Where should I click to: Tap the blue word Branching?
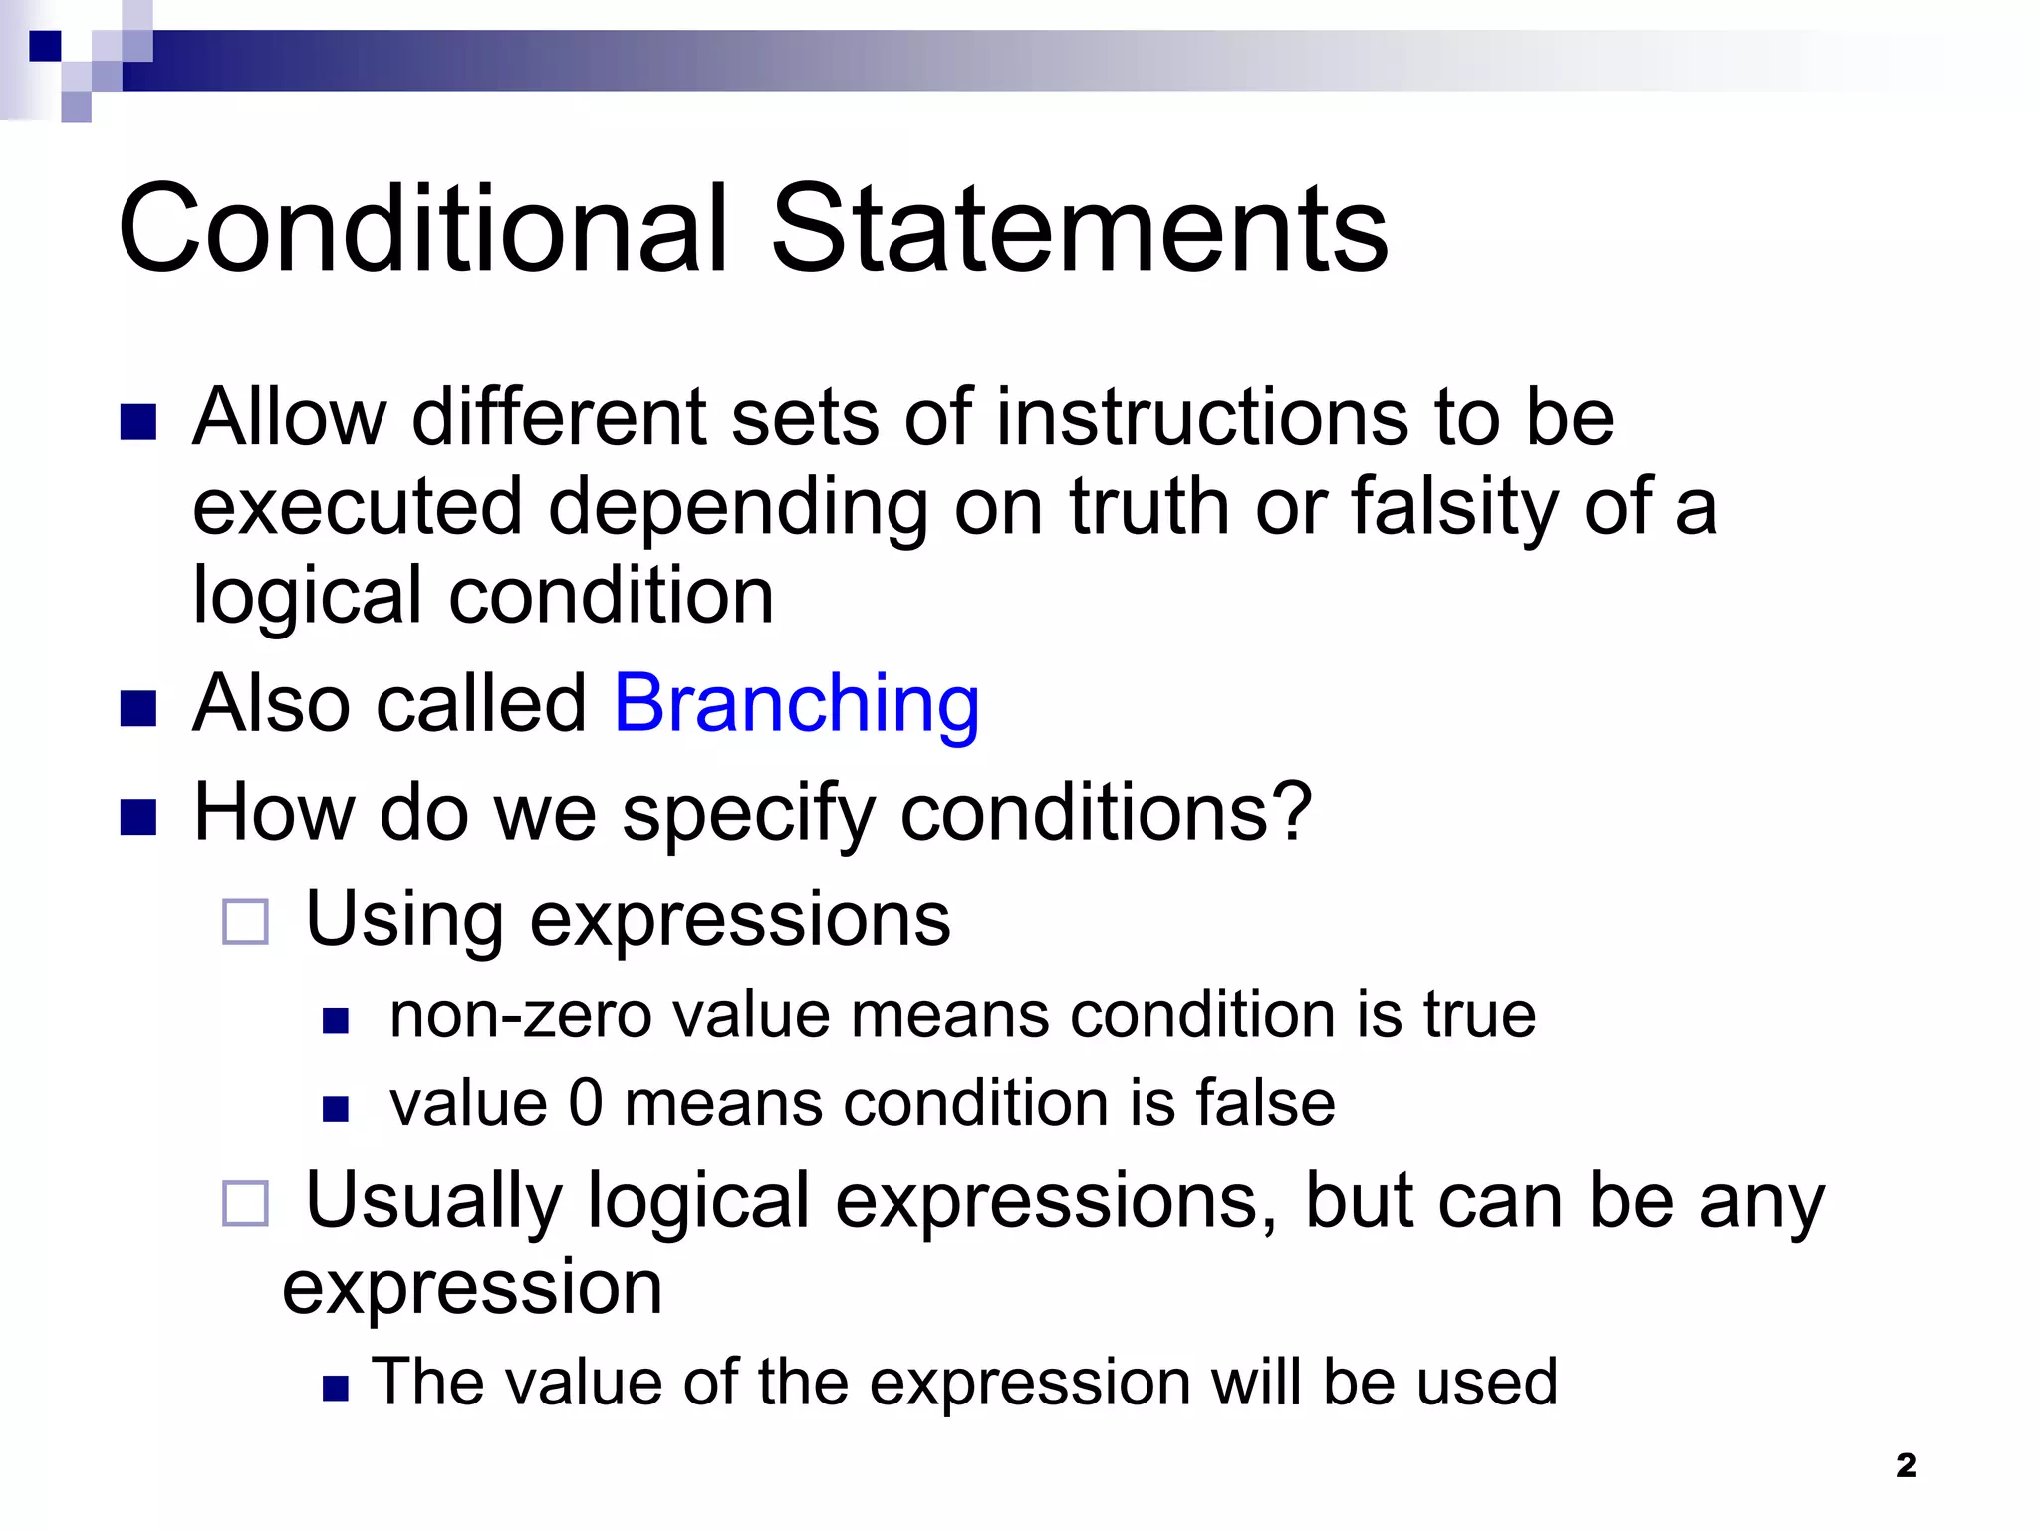click(797, 705)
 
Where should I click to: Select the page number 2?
click(1906, 1465)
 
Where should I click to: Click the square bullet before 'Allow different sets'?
click(138, 422)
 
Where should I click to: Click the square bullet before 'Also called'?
click(138, 709)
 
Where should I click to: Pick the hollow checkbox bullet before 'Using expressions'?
click(245, 922)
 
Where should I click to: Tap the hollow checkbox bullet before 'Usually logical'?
click(245, 1203)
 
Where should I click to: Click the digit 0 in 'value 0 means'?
click(586, 1104)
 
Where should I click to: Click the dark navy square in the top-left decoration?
click(45, 46)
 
